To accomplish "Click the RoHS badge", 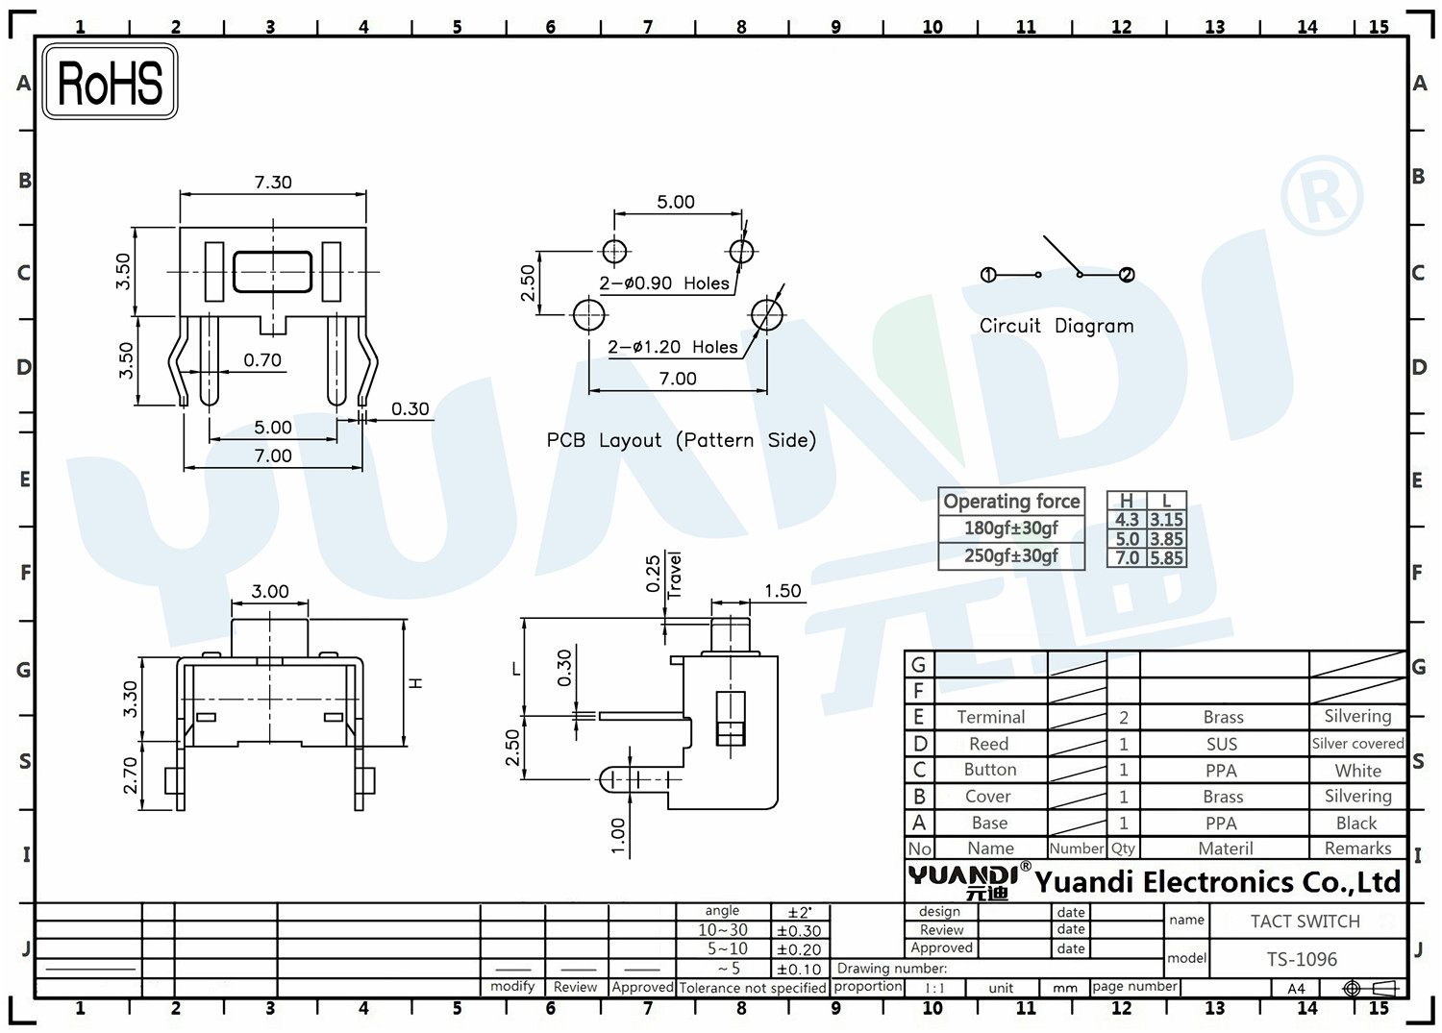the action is (111, 82).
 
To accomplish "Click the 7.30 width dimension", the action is (273, 183).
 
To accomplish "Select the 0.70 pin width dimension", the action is (262, 359).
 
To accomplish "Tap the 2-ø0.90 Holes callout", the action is (663, 283).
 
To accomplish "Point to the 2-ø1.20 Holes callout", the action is (672, 347).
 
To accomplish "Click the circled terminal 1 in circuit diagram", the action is (988, 275).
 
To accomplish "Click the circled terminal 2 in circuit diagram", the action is (1127, 275).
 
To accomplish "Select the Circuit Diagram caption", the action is (1057, 326).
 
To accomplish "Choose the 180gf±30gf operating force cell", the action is (1010, 529).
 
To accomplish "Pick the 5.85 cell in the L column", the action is (1166, 557).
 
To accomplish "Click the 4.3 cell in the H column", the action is (1127, 520).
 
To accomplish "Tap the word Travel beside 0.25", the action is (674, 576).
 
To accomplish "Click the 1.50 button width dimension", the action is (783, 591).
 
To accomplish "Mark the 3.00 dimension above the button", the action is (270, 592).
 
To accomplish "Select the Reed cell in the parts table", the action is (989, 744).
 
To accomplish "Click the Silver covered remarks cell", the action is (1357, 744).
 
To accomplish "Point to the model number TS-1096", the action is (1302, 960).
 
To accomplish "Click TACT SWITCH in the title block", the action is (1305, 922).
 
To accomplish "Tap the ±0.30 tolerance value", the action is (799, 931).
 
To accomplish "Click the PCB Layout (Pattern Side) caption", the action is (681, 440).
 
